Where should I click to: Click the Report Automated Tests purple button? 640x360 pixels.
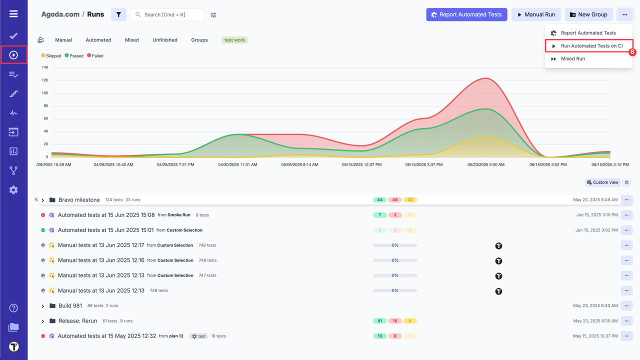click(x=466, y=14)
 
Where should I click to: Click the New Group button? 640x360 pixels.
click(x=589, y=14)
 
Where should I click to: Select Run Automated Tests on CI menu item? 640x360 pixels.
click(x=591, y=46)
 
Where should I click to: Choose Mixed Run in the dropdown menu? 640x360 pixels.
click(x=572, y=59)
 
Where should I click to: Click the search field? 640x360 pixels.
click(x=170, y=15)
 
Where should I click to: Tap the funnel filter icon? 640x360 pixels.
click(x=118, y=15)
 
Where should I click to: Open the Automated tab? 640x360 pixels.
click(x=98, y=40)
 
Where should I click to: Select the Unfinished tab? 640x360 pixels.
click(x=165, y=40)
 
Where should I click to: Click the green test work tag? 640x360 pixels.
click(x=234, y=40)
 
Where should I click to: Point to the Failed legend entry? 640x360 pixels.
click(x=95, y=56)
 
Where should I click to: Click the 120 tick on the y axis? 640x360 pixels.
click(x=45, y=80)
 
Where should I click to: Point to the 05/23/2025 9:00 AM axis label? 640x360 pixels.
click(x=485, y=164)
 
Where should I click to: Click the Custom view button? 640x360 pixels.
click(x=602, y=182)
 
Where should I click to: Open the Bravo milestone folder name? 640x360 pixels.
click(x=79, y=200)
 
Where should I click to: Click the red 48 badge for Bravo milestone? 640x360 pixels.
click(x=395, y=200)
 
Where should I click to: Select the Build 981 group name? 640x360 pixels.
click(x=70, y=306)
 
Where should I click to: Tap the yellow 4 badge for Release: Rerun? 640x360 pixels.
click(x=410, y=321)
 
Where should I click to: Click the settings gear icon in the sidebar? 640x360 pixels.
click(x=13, y=190)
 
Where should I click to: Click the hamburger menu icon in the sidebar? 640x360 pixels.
click(x=13, y=14)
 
